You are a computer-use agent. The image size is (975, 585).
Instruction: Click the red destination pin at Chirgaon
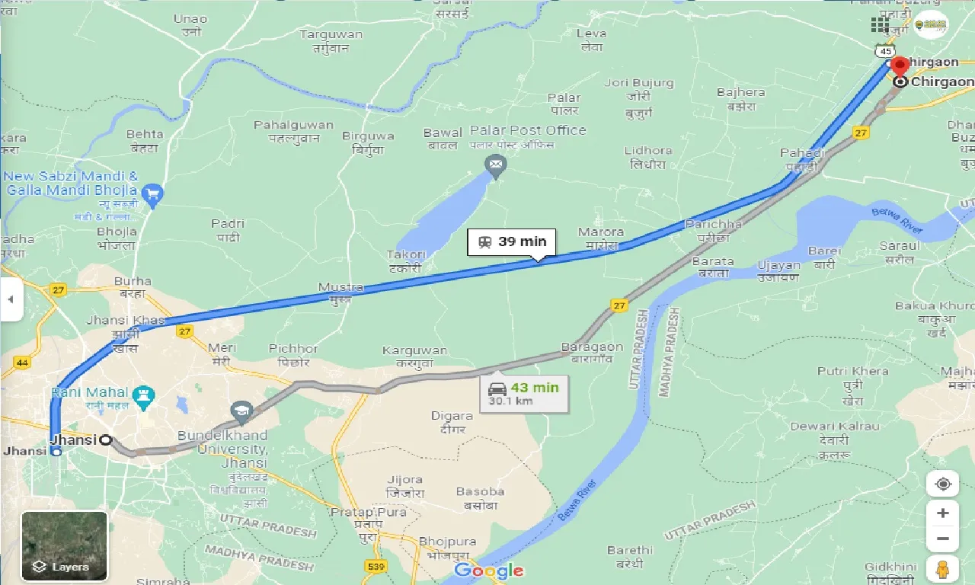pyautogui.click(x=900, y=66)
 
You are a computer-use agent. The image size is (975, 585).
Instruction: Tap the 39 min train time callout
pyautogui.click(x=513, y=242)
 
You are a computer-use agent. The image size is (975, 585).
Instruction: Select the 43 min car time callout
pyautogui.click(x=524, y=394)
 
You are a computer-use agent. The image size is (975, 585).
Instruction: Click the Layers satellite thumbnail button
pyautogui.click(x=65, y=545)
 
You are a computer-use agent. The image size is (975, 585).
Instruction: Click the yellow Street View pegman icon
pyautogui.click(x=943, y=569)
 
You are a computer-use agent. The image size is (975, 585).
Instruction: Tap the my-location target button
pyautogui.click(x=943, y=484)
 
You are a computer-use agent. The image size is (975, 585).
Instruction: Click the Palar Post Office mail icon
pyautogui.click(x=496, y=165)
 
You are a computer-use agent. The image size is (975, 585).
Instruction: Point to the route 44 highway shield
pyautogui.click(x=21, y=363)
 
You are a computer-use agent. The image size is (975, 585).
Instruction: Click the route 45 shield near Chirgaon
pyautogui.click(x=884, y=50)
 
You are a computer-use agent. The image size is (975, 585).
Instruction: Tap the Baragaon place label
pyautogui.click(x=592, y=347)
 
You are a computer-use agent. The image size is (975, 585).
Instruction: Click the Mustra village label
pyautogui.click(x=340, y=288)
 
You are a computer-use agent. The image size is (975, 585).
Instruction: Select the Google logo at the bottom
pyautogui.click(x=488, y=571)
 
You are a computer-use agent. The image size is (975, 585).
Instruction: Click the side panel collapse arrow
pyautogui.click(x=11, y=299)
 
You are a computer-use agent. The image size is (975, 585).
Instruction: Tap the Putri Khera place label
pyautogui.click(x=852, y=371)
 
